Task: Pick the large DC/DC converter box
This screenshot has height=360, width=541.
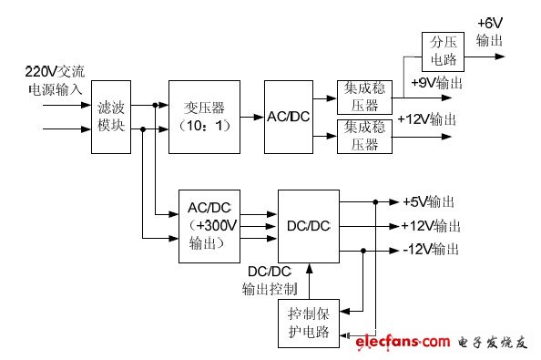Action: pos(307,224)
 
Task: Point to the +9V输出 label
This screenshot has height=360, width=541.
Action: pos(436,82)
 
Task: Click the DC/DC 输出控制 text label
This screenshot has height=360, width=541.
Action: pos(270,280)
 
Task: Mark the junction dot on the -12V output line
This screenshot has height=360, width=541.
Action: pos(364,250)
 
